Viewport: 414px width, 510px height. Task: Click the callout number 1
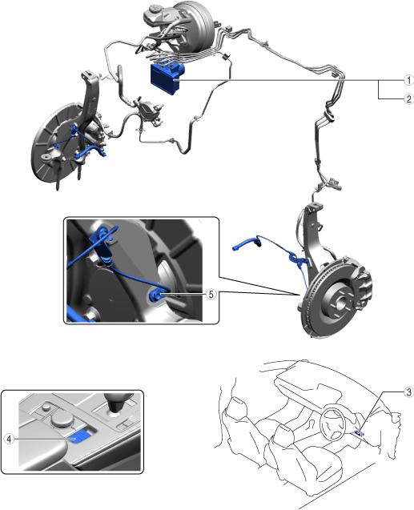coord(408,80)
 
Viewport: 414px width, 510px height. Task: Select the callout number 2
coord(408,99)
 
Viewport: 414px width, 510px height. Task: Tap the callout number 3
coord(409,392)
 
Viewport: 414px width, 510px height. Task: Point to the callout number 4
coord(9,439)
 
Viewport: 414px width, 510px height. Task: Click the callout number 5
coord(211,294)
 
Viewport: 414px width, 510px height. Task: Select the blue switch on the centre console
coord(79,436)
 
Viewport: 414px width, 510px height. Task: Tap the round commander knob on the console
coord(61,420)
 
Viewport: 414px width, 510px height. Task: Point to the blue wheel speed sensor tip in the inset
coord(156,295)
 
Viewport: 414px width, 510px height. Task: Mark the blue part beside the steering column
coord(359,432)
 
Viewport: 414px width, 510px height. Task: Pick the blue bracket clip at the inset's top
coord(103,238)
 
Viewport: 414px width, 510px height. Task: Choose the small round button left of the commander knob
coord(46,408)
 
